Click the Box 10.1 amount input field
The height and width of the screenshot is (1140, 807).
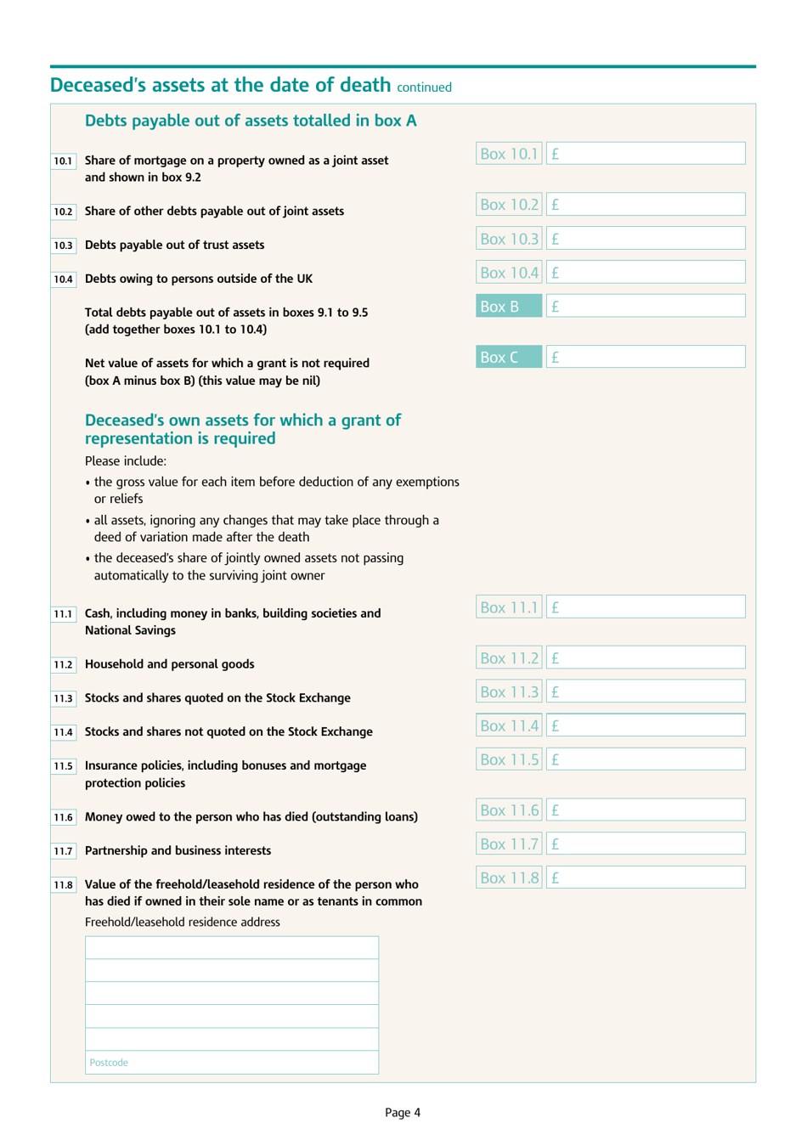point(646,154)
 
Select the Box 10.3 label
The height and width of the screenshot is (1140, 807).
point(509,239)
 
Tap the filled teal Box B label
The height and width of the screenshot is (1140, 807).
point(509,307)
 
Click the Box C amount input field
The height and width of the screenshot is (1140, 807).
point(646,358)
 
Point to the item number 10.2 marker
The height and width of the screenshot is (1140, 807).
point(64,212)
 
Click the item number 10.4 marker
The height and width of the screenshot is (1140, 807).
point(64,279)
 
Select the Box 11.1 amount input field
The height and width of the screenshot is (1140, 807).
point(646,607)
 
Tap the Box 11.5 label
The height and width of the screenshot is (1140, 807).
point(509,759)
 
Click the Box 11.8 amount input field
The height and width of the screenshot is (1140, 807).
point(646,878)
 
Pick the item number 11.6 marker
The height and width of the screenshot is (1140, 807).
point(64,817)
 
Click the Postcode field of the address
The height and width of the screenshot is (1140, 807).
point(232,1063)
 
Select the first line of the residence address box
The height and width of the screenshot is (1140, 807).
point(232,948)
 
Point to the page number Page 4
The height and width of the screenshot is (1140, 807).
point(403,1113)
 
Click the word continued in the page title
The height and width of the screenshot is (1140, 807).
point(424,87)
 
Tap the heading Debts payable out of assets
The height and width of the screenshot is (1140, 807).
point(251,121)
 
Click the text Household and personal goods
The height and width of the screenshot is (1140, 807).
point(169,664)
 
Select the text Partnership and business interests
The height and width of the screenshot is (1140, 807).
point(178,850)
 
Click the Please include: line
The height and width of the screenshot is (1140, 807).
point(126,461)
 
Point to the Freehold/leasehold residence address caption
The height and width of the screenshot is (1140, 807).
point(182,923)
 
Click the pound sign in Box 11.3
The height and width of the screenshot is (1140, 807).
point(555,692)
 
